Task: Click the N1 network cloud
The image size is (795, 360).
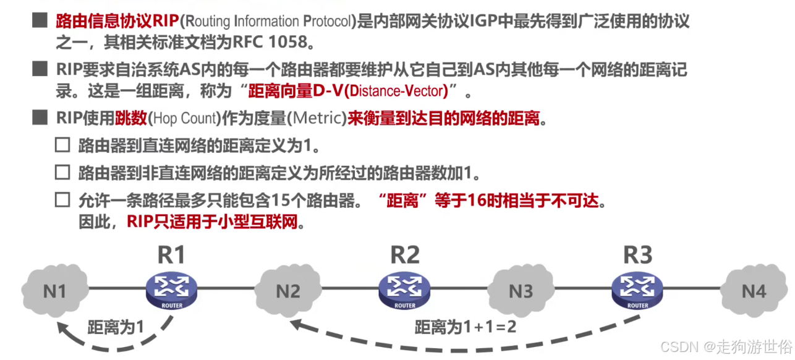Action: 54,290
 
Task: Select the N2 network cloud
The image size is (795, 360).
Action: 287,290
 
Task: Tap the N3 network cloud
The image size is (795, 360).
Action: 521,290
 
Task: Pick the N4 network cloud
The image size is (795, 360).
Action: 754,290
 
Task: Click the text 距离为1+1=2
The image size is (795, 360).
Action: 465,326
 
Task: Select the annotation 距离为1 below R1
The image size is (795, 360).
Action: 116,327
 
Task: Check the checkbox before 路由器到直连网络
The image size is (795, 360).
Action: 62,145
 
